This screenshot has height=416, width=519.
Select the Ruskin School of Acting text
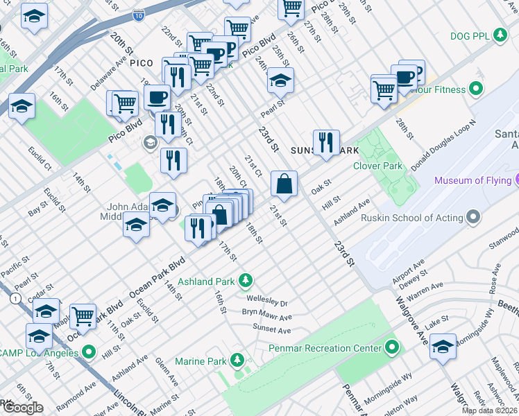click(x=412, y=218)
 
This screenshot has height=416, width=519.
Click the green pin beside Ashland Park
click(x=245, y=281)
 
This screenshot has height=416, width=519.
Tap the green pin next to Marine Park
click(x=237, y=361)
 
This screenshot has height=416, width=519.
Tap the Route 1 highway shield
click(x=15, y=297)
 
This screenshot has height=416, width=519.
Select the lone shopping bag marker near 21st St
click(x=284, y=184)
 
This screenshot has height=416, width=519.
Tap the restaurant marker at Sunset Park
click(x=325, y=143)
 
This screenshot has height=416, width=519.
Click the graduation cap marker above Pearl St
click(x=280, y=81)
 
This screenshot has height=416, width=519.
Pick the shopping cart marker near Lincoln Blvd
click(x=83, y=316)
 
